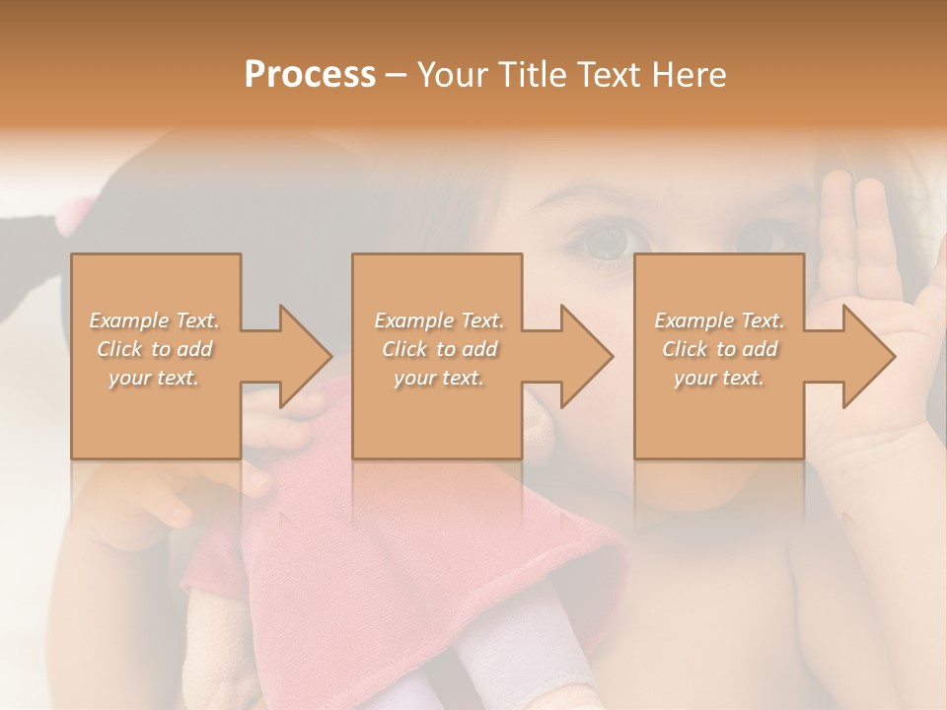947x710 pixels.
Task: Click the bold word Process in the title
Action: pos(310,75)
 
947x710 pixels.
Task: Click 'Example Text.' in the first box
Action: pos(155,320)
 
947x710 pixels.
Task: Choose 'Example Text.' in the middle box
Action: pos(439,320)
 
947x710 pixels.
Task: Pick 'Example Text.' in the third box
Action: pos(719,320)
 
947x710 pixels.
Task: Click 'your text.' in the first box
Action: pos(155,378)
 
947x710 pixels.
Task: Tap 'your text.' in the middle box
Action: pos(439,378)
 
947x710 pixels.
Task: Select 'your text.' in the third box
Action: pos(719,378)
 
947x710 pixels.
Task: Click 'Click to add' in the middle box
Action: pos(439,349)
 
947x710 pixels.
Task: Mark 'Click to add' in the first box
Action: pos(155,349)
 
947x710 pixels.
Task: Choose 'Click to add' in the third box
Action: pos(719,349)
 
